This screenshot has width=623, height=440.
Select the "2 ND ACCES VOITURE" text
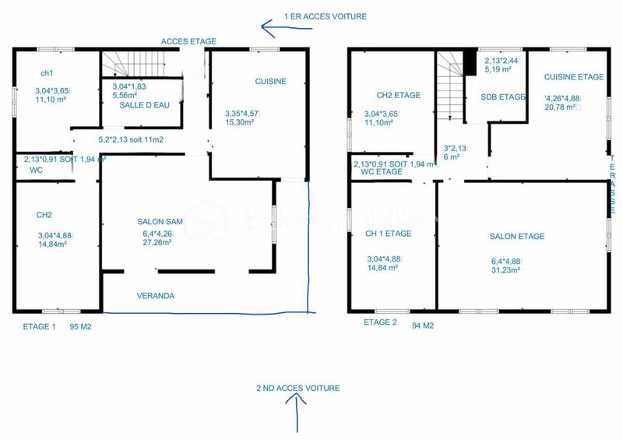tap(297, 388)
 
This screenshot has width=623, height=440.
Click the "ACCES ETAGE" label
tap(188, 41)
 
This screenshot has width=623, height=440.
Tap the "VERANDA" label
tap(156, 296)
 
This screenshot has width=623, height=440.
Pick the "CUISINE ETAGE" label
tap(574, 77)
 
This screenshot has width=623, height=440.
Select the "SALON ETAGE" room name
tap(516, 237)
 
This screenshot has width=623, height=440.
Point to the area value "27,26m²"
tap(157, 242)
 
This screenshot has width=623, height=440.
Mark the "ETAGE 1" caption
tap(39, 327)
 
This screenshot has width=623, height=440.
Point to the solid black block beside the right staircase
tap(470, 62)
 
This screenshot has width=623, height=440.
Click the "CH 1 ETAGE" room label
tap(389, 232)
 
